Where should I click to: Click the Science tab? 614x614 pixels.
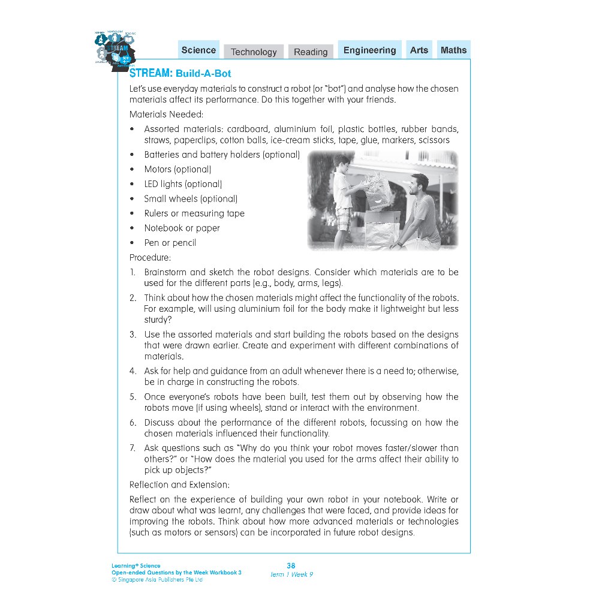pyautogui.click(x=198, y=50)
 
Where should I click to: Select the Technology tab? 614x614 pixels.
pyautogui.click(x=254, y=52)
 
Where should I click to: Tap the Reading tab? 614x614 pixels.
pyautogui.click(x=311, y=52)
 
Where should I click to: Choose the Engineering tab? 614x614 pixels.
pyautogui.click(x=369, y=50)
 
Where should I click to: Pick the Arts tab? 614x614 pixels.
pyautogui.click(x=419, y=50)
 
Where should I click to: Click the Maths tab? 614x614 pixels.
pyautogui.click(x=453, y=50)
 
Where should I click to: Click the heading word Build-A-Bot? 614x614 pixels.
pyautogui.click(x=203, y=74)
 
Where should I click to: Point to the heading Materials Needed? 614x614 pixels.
pyautogui.click(x=166, y=114)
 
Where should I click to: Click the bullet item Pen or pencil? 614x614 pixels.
pyautogui.click(x=170, y=243)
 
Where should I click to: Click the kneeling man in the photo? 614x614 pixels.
pyautogui.click(x=420, y=210)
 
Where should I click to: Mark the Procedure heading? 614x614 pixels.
pyautogui.click(x=150, y=257)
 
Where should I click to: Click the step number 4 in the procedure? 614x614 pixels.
pyautogui.click(x=133, y=371)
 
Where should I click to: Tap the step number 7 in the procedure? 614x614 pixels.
pyautogui.click(x=133, y=448)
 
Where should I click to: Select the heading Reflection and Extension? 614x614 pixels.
pyautogui.click(x=179, y=484)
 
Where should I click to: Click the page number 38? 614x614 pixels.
pyautogui.click(x=291, y=565)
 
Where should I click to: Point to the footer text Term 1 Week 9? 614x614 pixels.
pyautogui.click(x=291, y=574)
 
